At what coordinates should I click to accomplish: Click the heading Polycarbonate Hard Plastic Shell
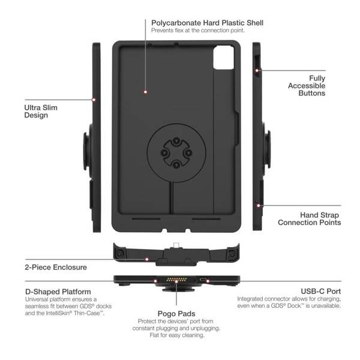[207, 23]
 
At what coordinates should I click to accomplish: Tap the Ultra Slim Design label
[41, 112]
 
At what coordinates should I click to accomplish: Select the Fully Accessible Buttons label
[307, 86]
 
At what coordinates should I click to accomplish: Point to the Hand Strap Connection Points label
[309, 218]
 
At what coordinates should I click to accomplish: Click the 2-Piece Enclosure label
[56, 267]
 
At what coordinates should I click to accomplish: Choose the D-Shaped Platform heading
[58, 292]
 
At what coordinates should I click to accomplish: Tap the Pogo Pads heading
[176, 313]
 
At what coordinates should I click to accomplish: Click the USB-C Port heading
[321, 291]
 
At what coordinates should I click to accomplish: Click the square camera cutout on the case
[223, 57]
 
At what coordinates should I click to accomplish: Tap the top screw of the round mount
[176, 141]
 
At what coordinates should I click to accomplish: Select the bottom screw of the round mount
[176, 164]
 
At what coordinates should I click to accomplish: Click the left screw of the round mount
[164, 152]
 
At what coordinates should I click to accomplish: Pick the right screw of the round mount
[188, 152]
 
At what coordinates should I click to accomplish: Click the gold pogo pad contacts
[176, 280]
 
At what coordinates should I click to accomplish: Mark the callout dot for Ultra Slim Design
[94, 100]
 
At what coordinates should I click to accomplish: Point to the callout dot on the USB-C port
[208, 281]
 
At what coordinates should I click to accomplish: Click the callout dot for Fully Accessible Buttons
[257, 70]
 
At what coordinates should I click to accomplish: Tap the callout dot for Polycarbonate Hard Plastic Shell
[145, 92]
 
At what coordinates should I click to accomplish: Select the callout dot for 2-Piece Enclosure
[147, 259]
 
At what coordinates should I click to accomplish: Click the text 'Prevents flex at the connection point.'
[198, 31]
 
